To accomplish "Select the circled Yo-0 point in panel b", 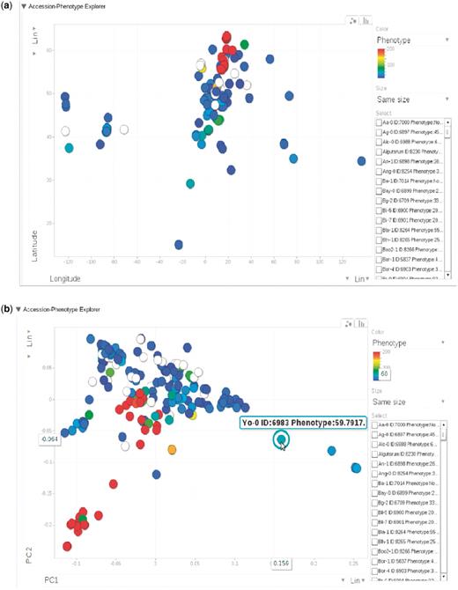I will [x=281, y=439].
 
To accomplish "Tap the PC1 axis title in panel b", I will [x=55, y=579].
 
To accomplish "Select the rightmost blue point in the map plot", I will [x=361, y=161].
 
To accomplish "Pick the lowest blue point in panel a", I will [x=179, y=245].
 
